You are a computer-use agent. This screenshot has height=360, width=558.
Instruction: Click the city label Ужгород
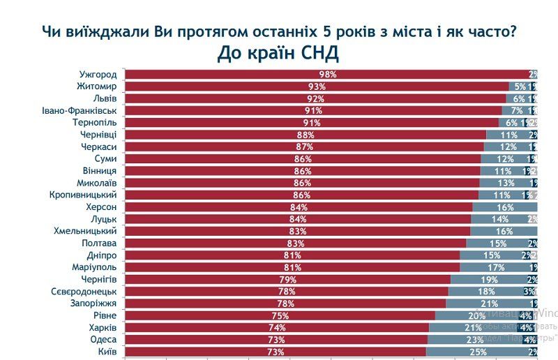coord(96,74)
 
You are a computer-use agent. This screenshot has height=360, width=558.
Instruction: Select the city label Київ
coord(106,352)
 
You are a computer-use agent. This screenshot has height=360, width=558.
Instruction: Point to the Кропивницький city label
coord(82,195)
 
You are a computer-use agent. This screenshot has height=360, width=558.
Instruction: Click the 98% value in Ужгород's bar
coord(328,75)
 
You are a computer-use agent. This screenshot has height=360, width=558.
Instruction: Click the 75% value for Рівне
coord(279,316)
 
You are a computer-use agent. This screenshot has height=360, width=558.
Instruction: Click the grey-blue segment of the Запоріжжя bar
coord(488,303)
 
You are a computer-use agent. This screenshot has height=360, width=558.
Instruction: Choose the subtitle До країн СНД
coord(278,53)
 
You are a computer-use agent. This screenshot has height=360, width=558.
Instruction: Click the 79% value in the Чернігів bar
coord(287,280)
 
